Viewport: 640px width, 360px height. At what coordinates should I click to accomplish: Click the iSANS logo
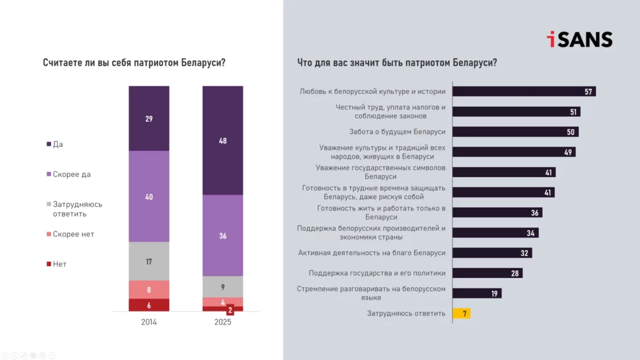pos(579,39)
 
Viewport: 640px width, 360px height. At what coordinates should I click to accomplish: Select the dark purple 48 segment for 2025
pos(222,140)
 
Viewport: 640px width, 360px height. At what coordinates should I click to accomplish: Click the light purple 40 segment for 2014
pos(149,196)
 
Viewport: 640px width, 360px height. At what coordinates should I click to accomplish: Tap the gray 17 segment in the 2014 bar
pos(149,261)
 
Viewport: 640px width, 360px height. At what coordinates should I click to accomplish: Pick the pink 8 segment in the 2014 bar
pos(149,290)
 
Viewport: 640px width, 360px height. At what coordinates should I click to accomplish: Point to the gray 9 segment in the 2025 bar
pos(222,286)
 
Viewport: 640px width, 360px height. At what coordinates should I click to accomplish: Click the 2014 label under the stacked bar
pos(149,322)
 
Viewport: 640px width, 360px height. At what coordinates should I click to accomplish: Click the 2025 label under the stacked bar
pos(222,322)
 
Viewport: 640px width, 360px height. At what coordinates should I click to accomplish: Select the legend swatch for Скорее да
pos(49,174)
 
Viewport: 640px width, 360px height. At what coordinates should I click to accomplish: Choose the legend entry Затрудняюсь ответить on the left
pos(77,209)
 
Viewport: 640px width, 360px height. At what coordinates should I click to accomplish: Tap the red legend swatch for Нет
pos(49,264)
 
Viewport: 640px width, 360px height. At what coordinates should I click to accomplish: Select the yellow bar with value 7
pos(461,314)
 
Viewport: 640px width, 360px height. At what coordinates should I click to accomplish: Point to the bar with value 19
pos(477,293)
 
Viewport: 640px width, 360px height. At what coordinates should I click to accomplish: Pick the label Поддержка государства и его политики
pos(377,273)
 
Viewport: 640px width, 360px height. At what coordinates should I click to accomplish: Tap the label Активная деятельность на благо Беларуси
pos(372,253)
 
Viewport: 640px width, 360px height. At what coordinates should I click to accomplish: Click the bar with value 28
pos(487,273)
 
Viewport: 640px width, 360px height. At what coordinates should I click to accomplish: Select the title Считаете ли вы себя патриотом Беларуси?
pos(134,62)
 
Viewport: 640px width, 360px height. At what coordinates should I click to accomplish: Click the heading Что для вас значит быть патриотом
pos(397,62)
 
